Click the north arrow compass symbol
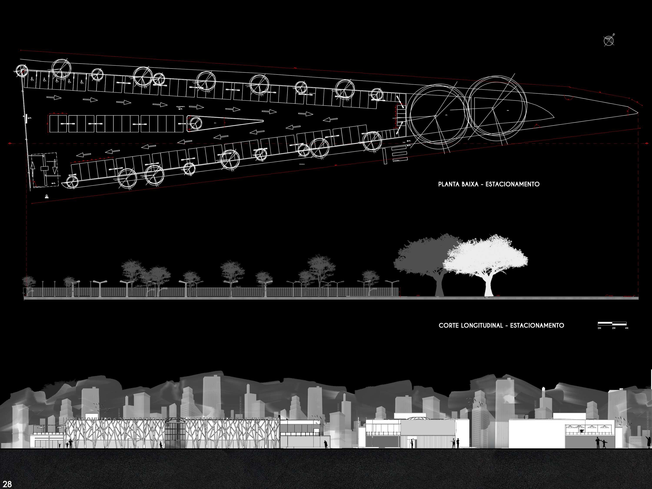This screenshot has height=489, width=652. point(609,41)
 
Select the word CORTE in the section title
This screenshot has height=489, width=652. point(448,325)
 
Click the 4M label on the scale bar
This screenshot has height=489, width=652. point(626,328)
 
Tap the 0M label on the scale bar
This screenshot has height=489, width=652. point(599,328)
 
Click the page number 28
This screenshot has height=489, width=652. point(7,484)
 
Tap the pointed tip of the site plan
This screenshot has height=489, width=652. point(637,113)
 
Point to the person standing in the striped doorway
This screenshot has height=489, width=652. point(412,443)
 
